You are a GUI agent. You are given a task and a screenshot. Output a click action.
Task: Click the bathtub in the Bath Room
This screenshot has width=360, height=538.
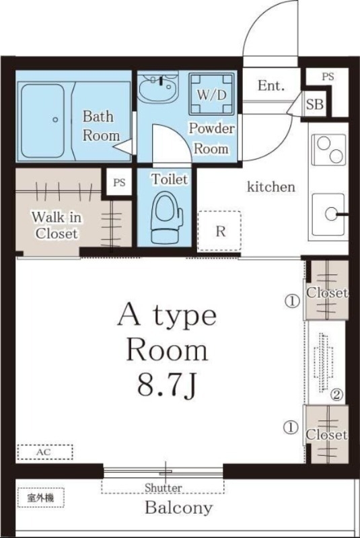pyautogui.click(x=42, y=121)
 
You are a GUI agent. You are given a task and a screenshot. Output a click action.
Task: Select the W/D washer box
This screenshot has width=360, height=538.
pyautogui.click(x=211, y=93)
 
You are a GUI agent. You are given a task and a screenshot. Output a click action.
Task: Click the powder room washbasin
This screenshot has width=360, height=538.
pyautogui.click(x=158, y=87)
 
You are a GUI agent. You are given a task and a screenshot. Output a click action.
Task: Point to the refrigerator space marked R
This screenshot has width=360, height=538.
pyautogui.click(x=219, y=231)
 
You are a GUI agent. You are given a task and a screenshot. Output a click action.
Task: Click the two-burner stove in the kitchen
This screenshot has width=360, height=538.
pyautogui.click(x=329, y=149)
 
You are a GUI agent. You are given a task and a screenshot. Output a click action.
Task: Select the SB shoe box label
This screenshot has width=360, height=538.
pyautogui.click(x=315, y=104)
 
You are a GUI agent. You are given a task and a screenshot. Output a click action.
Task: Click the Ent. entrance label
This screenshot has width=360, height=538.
pyautogui.click(x=271, y=85)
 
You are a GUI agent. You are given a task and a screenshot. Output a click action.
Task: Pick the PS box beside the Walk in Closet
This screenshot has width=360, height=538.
pyautogui.click(x=119, y=182)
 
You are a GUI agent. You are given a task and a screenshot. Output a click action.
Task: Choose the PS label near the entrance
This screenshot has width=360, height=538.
pyautogui.click(x=328, y=76)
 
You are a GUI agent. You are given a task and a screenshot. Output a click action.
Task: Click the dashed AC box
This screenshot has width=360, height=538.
pyautogui.click(x=45, y=452)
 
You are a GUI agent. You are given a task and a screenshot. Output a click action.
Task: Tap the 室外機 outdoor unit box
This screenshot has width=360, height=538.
pyautogui.click(x=41, y=498)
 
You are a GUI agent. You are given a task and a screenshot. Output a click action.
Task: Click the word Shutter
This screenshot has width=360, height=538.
pyautogui.click(x=164, y=487)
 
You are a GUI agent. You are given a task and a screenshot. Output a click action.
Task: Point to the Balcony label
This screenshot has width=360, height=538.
pyautogui.click(x=179, y=508)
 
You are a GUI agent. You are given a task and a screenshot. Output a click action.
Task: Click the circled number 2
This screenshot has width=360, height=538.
pyautogui.click(x=336, y=395)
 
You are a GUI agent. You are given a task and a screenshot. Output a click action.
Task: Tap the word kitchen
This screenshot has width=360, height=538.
pyautogui.click(x=271, y=187)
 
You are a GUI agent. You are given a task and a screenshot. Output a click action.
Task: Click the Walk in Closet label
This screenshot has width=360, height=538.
pyautogui.click(x=57, y=225)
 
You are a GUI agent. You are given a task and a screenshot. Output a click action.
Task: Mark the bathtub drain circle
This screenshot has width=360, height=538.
pyautogui.click(x=55, y=120)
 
